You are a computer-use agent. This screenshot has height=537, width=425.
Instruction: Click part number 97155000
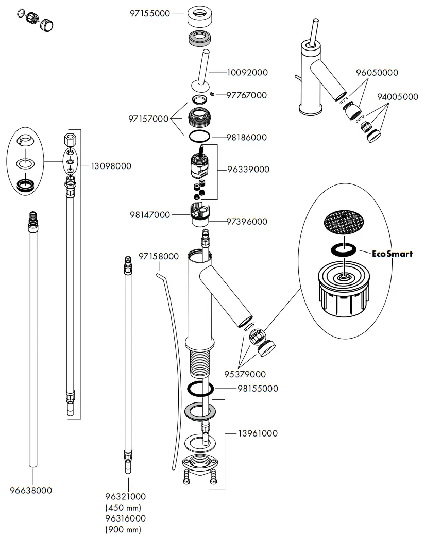[x=149, y=14]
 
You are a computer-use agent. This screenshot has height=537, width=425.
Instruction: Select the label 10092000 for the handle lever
[x=247, y=73]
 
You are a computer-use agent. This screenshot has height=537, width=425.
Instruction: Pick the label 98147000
[x=149, y=214]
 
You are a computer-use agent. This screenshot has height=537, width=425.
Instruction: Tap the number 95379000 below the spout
[x=245, y=374]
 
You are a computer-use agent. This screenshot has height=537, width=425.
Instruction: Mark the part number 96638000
[x=31, y=491]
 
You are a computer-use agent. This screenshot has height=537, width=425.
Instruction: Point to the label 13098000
[x=111, y=166]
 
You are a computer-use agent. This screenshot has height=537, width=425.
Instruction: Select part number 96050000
[x=377, y=73]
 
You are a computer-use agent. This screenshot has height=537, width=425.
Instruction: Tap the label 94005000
[x=397, y=96]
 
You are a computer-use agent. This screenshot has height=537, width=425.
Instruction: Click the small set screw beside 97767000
[x=212, y=94]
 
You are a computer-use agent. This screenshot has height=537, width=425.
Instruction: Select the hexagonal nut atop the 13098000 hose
[x=71, y=139]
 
